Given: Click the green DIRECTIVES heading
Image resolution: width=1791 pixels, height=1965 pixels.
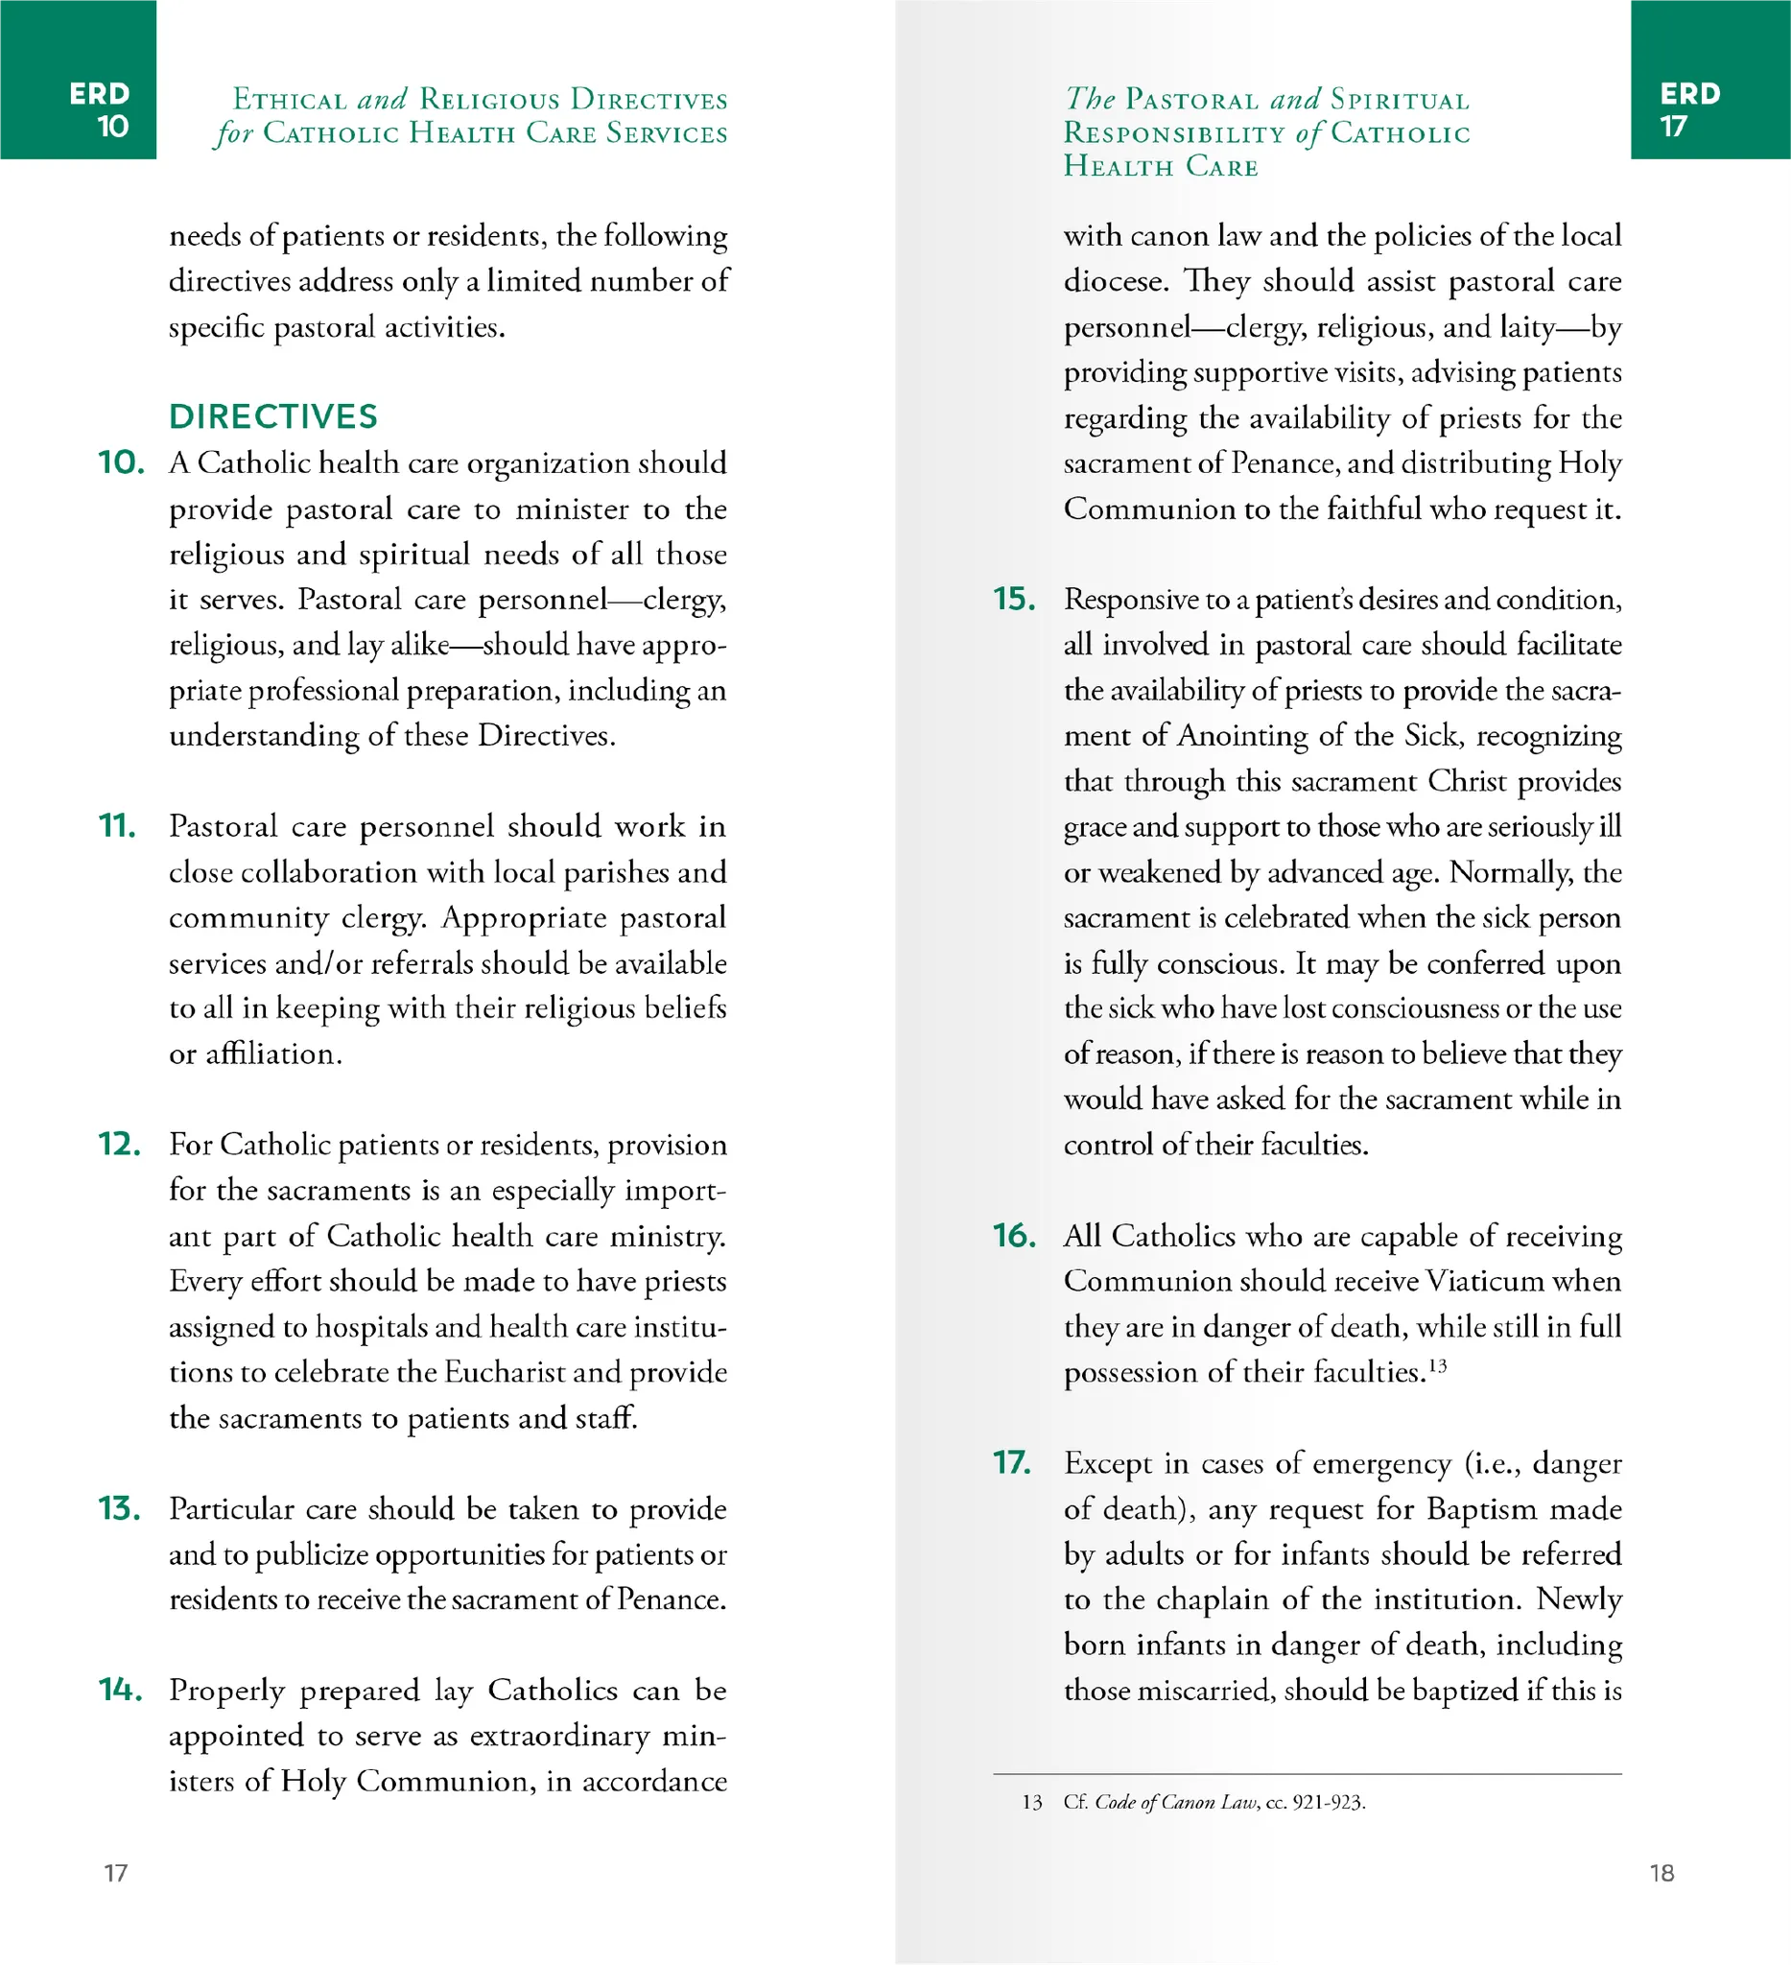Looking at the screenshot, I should click(x=272, y=417).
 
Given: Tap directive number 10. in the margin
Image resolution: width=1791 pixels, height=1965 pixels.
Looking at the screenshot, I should click(x=121, y=463).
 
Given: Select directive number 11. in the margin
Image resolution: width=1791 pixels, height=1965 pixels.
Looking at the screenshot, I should click(x=117, y=826).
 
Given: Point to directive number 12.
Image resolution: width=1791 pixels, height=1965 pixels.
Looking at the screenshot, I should click(x=120, y=1145).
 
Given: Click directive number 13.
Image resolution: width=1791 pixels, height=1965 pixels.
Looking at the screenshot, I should click(x=120, y=1509).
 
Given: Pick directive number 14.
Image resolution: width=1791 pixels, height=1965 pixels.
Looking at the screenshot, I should click(x=121, y=1691).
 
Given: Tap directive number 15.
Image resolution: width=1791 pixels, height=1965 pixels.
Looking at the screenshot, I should click(x=1014, y=600).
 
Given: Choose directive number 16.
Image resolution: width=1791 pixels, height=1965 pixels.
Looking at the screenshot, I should click(x=1014, y=1236).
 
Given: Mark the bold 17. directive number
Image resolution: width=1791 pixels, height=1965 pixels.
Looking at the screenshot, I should click(x=1012, y=1463).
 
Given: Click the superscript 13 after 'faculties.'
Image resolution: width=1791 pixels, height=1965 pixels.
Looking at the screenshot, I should click(x=1437, y=1365).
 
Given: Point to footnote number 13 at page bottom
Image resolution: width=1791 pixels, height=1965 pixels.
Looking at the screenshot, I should click(x=1032, y=1802).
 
